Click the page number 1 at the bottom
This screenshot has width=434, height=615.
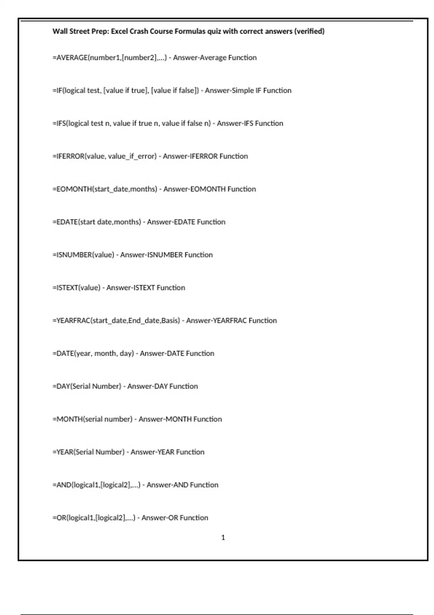[x=223, y=538]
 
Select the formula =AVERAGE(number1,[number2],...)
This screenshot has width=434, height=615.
[x=110, y=58]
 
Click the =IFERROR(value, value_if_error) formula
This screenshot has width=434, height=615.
[x=105, y=156]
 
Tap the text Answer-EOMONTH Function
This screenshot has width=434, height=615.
[x=209, y=189]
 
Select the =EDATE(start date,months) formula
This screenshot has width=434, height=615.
[x=97, y=222]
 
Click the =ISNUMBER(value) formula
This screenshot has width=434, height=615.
[x=83, y=255]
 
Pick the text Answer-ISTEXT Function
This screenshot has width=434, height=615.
[x=145, y=288]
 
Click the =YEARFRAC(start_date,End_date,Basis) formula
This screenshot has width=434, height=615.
[x=116, y=321]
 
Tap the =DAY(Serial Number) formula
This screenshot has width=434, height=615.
[x=87, y=386]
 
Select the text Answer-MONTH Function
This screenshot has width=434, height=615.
[x=180, y=419]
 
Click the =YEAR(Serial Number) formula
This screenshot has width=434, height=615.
[x=88, y=452]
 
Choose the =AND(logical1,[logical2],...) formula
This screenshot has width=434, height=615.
[x=96, y=485]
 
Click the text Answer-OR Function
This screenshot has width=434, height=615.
[x=175, y=518]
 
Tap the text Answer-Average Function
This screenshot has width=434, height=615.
[x=215, y=58]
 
